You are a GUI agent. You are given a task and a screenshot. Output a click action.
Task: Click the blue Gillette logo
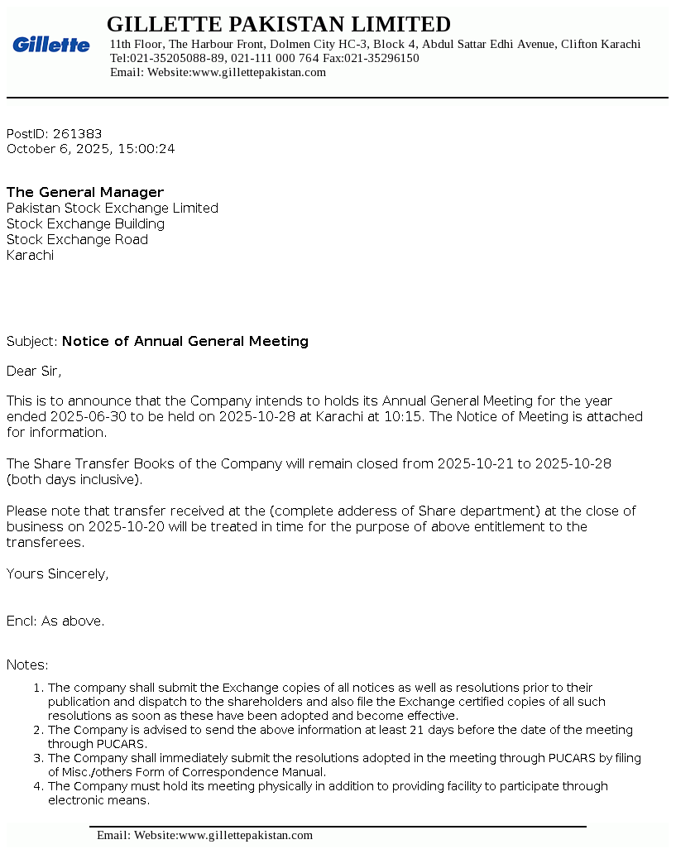tap(51, 45)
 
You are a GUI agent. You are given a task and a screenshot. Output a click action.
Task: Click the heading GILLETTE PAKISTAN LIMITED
tap(279, 24)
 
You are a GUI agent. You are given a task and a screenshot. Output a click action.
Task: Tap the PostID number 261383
tap(77, 134)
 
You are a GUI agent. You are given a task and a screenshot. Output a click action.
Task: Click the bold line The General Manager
tap(85, 193)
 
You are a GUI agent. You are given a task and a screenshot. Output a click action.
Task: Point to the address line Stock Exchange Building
tap(85, 224)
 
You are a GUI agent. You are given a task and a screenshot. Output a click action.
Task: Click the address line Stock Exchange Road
tap(77, 240)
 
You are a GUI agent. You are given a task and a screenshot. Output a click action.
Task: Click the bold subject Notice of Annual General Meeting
tap(185, 342)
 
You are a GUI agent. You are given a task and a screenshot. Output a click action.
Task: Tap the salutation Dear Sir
tap(34, 372)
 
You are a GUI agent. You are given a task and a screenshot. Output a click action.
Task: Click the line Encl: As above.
tap(55, 621)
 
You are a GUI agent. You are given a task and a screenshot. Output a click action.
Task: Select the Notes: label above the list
tap(27, 665)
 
